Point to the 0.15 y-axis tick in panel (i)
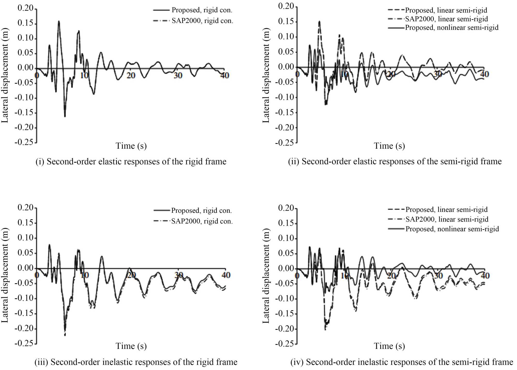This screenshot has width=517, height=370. point(25,23)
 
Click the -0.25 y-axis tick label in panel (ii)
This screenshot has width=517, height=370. point(285,143)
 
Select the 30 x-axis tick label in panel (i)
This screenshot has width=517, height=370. point(178,75)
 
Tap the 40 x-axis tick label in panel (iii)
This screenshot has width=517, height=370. point(226,275)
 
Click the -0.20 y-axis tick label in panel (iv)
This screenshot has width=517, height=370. point(285,329)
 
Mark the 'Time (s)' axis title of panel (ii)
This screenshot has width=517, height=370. point(389,146)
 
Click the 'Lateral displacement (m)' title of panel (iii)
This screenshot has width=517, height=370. point(5,275)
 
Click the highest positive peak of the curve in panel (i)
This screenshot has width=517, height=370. point(59,21)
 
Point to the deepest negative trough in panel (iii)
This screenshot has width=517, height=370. point(65,335)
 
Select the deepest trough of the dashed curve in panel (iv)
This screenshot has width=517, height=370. point(325,329)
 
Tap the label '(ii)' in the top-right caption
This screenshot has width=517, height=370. point(294,161)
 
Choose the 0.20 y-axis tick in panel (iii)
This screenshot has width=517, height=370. point(25,208)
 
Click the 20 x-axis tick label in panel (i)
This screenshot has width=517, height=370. point(131,75)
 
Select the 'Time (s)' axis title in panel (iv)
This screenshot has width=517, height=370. point(389,346)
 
